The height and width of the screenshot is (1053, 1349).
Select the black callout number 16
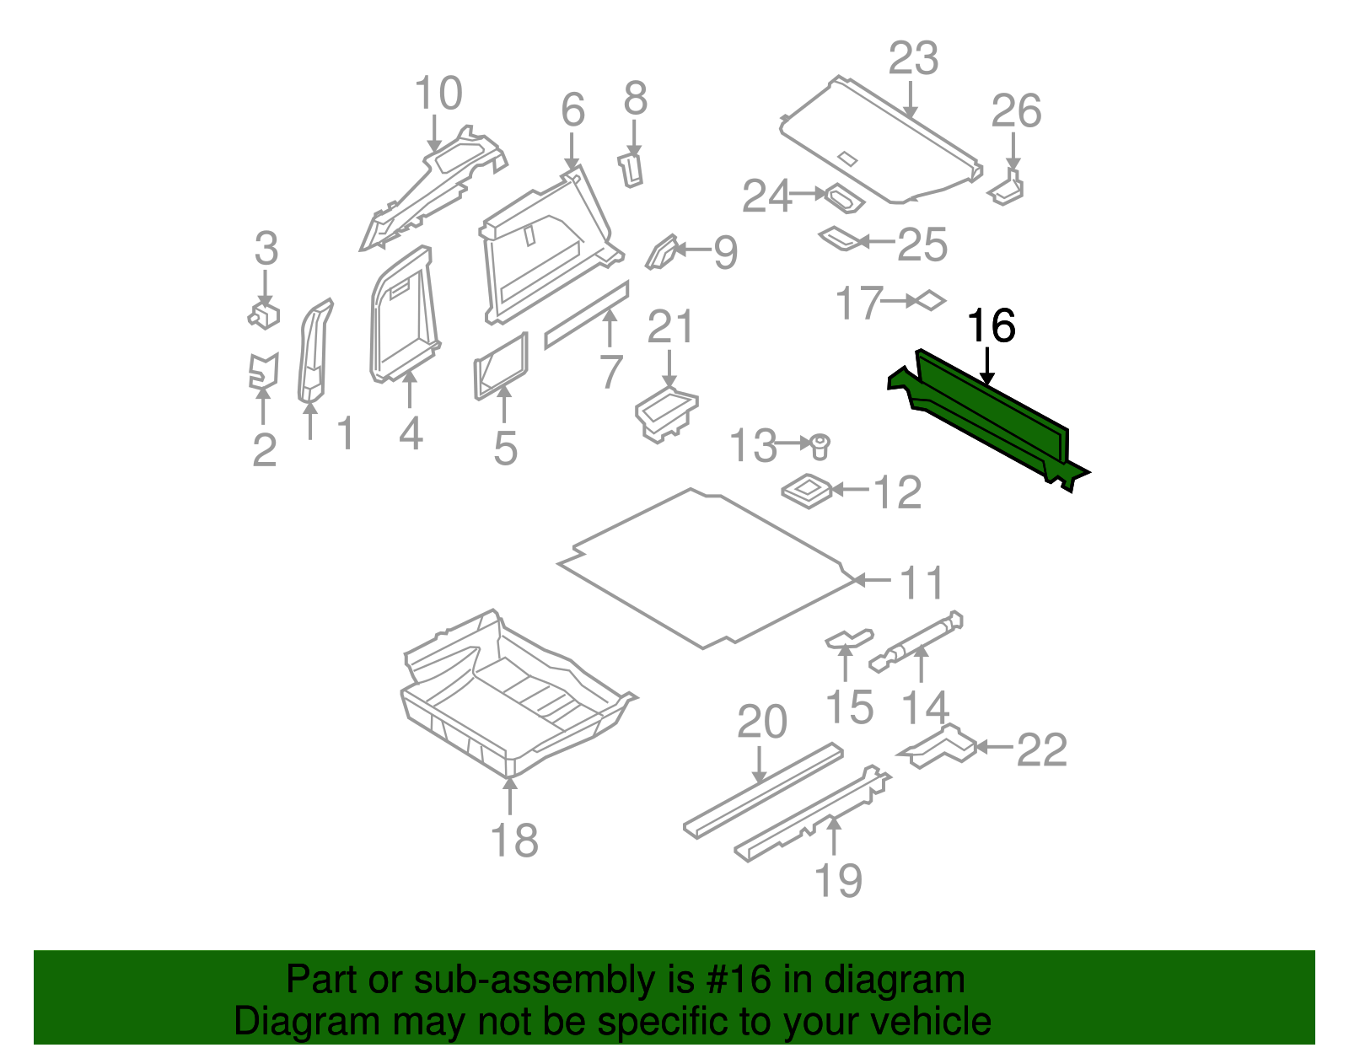(x=991, y=326)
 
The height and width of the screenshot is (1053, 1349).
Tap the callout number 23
(x=913, y=59)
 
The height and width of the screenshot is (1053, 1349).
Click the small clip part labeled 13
(x=820, y=445)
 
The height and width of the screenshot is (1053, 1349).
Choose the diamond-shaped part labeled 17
(x=931, y=300)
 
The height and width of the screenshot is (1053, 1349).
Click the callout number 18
(x=514, y=841)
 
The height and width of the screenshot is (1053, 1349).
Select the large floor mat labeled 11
(x=704, y=569)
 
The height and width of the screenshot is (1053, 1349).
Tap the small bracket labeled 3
(x=265, y=315)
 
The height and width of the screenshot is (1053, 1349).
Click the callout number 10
(x=438, y=94)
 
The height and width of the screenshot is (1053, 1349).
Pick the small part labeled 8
(x=632, y=169)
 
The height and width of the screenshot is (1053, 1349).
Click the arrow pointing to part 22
(x=995, y=747)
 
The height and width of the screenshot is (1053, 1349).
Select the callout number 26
(x=1016, y=111)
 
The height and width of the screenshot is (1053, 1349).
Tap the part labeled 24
(x=843, y=200)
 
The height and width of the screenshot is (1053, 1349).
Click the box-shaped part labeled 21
(x=665, y=413)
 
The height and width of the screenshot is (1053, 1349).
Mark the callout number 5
(x=505, y=448)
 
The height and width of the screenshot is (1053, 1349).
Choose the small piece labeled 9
(x=662, y=252)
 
